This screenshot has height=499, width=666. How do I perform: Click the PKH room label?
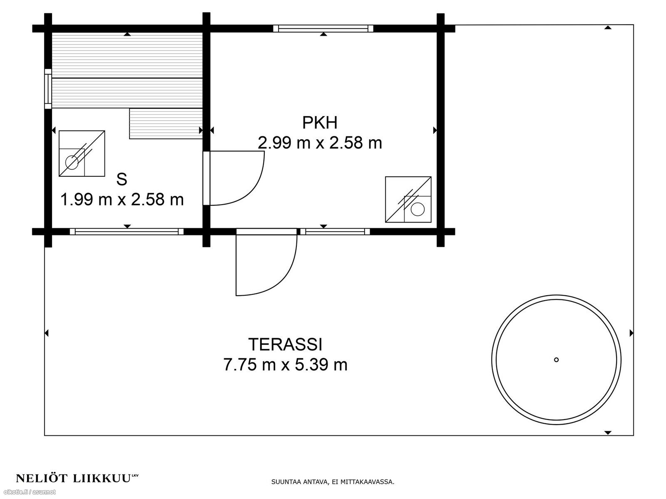click(x=320, y=123)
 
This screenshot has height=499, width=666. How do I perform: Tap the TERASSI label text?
click(x=285, y=344)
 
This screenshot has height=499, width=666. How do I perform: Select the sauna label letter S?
click(x=122, y=179)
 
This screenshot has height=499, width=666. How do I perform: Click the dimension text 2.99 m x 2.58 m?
click(x=320, y=143)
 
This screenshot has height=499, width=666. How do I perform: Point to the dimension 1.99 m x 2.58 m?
click(x=122, y=199)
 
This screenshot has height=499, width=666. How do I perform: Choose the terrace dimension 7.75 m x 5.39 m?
click(x=285, y=365)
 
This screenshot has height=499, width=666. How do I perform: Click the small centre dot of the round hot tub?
click(x=556, y=360)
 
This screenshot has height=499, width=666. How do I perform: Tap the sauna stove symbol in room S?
click(x=82, y=153)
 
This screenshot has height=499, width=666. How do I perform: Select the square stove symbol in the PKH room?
click(x=408, y=200)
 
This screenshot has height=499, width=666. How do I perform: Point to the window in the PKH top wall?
click(x=323, y=28)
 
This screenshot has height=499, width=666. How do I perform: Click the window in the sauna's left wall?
click(x=48, y=89)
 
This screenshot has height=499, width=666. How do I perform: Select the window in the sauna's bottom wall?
click(x=127, y=232)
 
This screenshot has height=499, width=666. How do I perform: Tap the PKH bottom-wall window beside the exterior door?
click(x=335, y=232)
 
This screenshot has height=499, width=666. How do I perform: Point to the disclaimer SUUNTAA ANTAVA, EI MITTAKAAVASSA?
click(x=333, y=482)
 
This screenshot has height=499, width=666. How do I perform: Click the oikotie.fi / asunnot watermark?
click(x=28, y=492)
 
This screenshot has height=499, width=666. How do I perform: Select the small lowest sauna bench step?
click(x=166, y=124)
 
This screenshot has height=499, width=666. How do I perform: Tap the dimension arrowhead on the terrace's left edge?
click(x=47, y=333)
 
